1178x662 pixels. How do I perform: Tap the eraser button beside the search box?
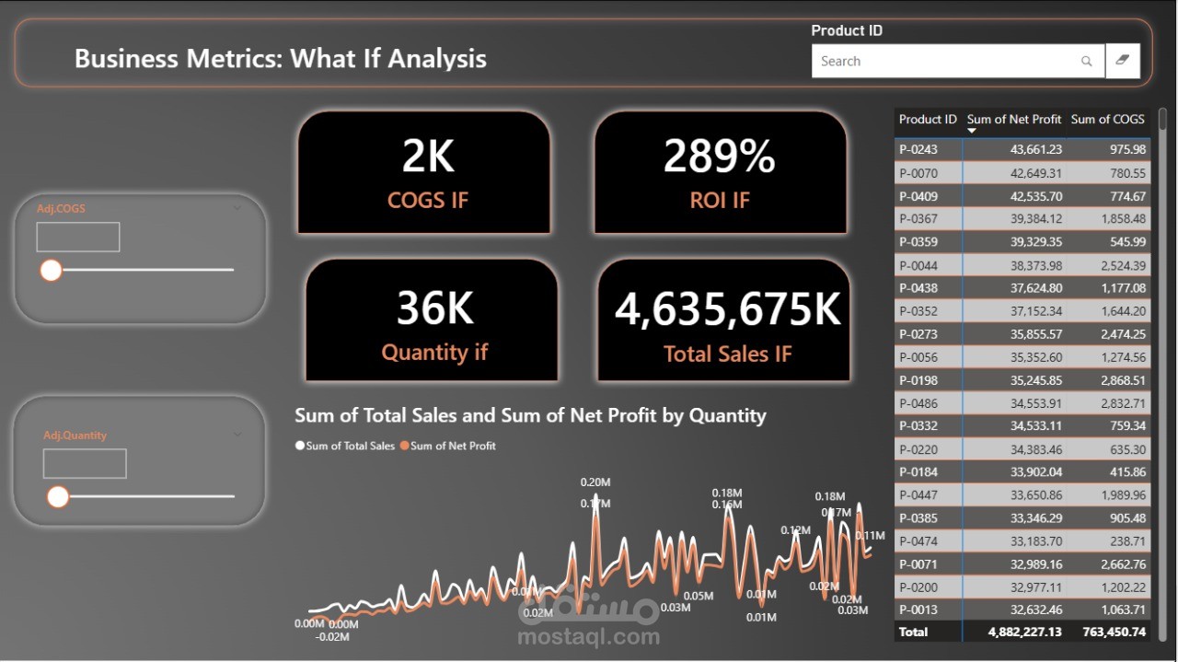pos(1122,61)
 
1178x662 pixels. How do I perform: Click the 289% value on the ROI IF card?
pos(719,157)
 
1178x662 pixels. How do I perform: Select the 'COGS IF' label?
pos(427,200)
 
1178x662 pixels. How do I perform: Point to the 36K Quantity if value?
pos(434,308)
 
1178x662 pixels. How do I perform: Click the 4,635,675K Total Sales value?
pos(727,309)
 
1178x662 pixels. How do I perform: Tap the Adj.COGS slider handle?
pos(51,270)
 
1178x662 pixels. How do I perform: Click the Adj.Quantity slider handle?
pos(58,497)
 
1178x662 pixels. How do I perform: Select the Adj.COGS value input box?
pos(78,237)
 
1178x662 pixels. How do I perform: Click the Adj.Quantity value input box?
pos(85,464)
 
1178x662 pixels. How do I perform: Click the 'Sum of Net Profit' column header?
pos(1013,120)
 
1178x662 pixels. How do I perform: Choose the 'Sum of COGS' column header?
pos(1107,120)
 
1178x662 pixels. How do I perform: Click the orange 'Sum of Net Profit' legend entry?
pos(452,446)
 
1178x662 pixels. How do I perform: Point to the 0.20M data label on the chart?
pos(595,482)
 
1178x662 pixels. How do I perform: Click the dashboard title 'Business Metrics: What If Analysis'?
pos(281,59)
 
